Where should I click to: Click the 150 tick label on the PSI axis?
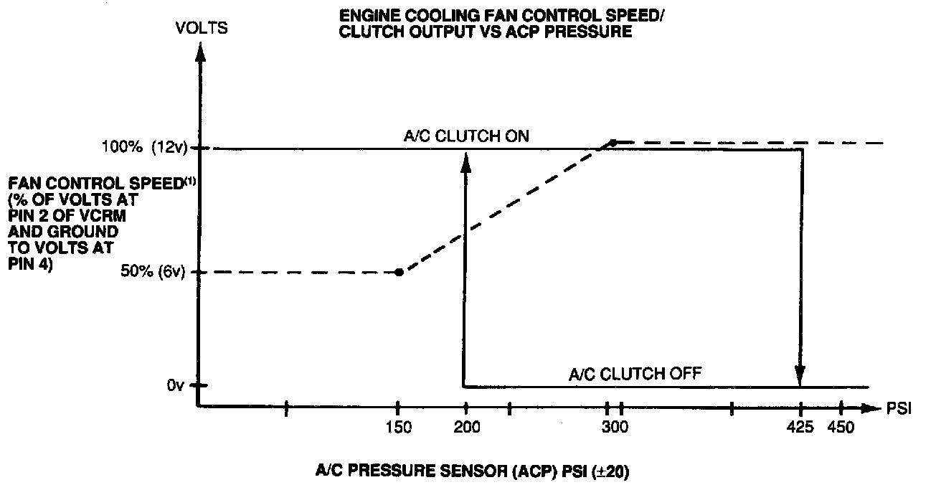pyautogui.click(x=398, y=428)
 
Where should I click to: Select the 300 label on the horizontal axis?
pyautogui.click(x=615, y=428)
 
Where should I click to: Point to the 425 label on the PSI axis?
pyautogui.click(x=800, y=428)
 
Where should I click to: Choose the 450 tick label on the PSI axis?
pyautogui.click(x=841, y=428)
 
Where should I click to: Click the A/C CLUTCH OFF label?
pyautogui.click(x=634, y=373)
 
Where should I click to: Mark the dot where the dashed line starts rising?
pyautogui.click(x=399, y=272)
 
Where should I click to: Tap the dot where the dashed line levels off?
pyautogui.click(x=613, y=143)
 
